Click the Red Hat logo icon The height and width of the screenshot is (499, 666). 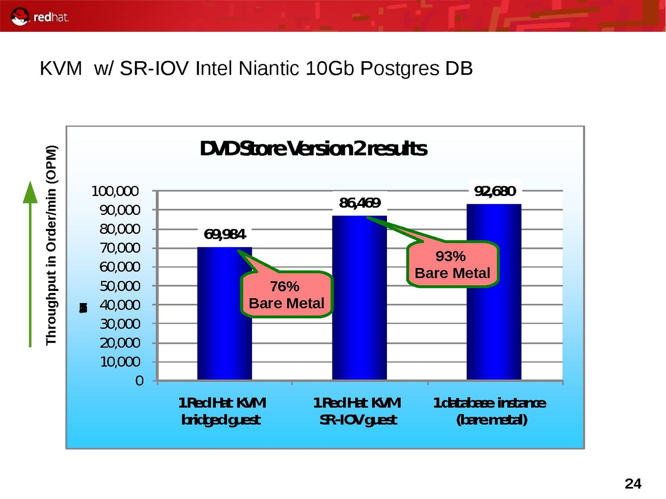click(20, 17)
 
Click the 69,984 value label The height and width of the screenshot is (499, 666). click(224, 235)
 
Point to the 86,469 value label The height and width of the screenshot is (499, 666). click(359, 203)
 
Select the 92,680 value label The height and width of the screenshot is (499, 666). click(495, 191)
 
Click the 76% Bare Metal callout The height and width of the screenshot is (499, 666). click(287, 295)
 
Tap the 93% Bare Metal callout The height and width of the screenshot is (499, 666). click(452, 265)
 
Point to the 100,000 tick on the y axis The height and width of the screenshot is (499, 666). click(115, 191)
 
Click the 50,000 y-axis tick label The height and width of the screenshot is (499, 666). click(120, 286)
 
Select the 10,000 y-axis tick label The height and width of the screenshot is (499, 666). click(120, 362)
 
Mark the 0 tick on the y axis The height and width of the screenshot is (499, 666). click(140, 381)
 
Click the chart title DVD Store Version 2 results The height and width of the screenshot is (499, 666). click(313, 149)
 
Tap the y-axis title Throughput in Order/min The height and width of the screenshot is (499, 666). click(51, 245)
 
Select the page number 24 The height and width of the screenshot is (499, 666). click(633, 484)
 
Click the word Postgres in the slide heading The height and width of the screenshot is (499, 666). click(399, 69)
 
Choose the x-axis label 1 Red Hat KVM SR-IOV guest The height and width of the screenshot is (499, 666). click(357, 411)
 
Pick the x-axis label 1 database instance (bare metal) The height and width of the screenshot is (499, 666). click(490, 411)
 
